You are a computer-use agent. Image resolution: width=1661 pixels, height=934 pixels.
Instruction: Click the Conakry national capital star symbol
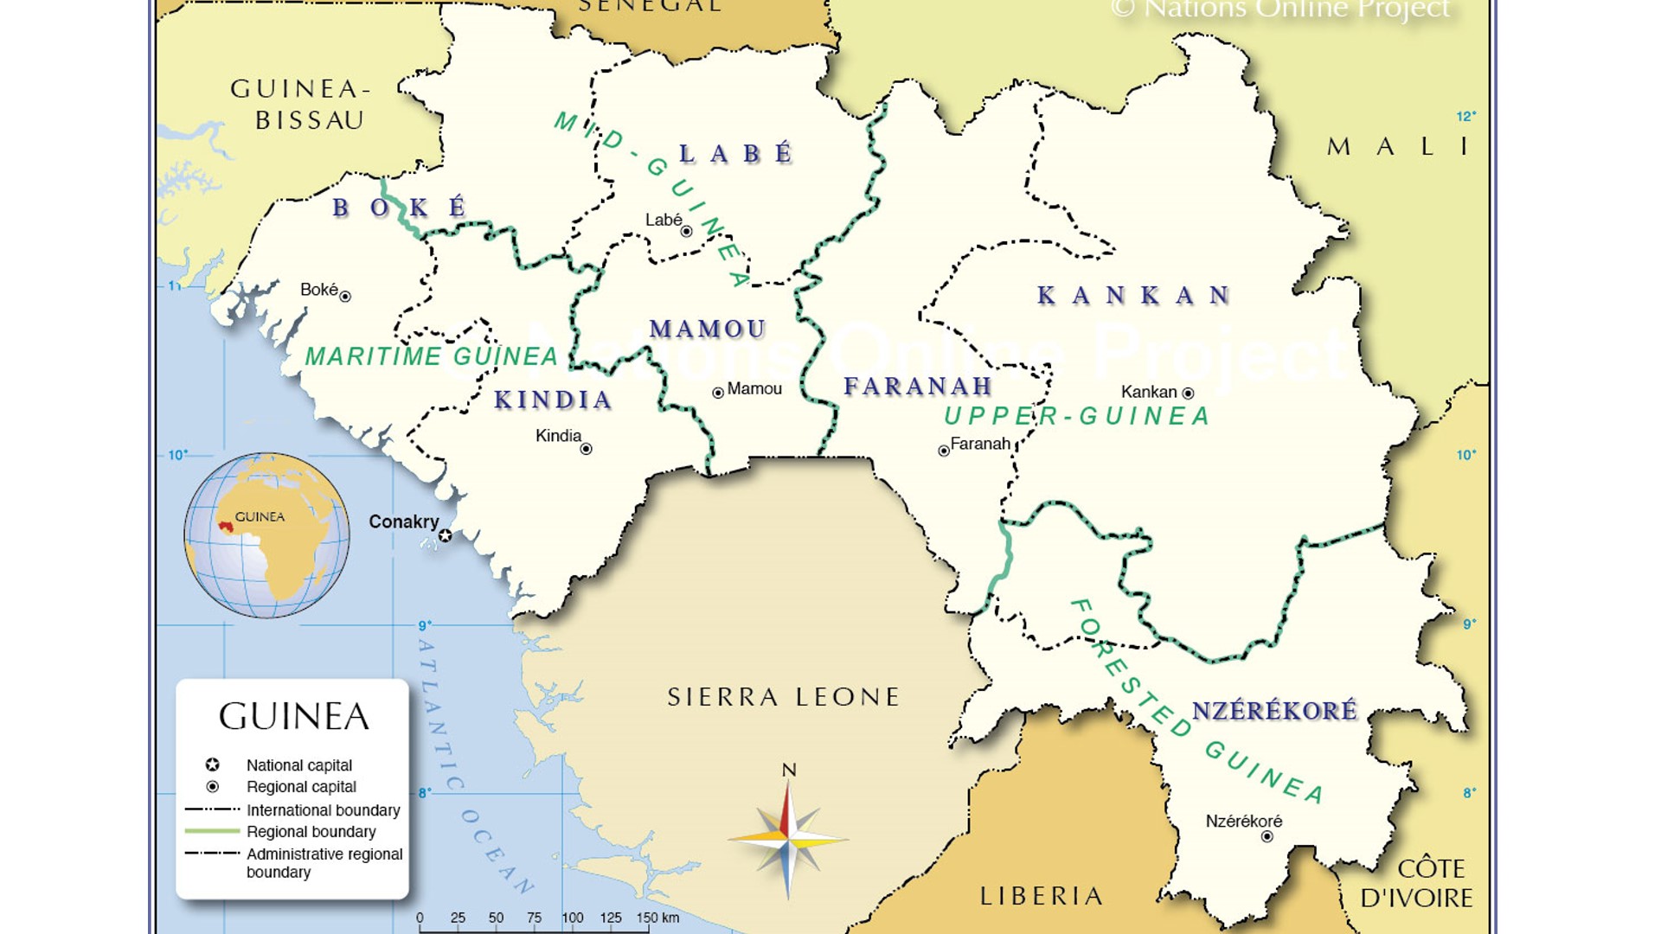(x=445, y=536)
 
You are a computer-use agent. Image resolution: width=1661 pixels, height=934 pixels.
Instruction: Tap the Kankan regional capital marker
(x=1188, y=393)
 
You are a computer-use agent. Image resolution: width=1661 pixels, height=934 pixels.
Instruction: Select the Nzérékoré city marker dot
(x=1267, y=836)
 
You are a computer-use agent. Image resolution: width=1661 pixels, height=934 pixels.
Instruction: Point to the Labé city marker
(x=686, y=232)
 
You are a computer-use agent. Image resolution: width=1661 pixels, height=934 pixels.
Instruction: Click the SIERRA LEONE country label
(x=784, y=697)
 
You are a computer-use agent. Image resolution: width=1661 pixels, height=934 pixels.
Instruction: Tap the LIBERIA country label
(x=1042, y=896)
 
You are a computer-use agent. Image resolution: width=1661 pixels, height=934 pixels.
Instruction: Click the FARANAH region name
(x=917, y=386)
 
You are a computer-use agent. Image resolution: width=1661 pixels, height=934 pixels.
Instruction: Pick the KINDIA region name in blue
(x=553, y=400)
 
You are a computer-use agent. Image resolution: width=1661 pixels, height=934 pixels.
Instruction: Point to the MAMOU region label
(x=708, y=329)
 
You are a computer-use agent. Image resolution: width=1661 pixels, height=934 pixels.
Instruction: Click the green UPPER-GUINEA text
(x=1076, y=417)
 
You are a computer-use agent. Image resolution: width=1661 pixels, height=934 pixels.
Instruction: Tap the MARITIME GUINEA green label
(x=432, y=356)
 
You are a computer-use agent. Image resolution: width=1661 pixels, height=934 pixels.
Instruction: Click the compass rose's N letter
(x=788, y=770)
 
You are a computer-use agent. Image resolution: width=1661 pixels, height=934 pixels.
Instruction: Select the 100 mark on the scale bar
(x=572, y=918)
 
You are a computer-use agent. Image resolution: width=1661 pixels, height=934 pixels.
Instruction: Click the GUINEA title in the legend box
(x=293, y=717)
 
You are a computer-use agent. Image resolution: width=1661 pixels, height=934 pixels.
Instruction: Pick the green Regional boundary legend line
(x=212, y=831)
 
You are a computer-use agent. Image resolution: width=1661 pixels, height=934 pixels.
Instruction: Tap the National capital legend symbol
(x=212, y=765)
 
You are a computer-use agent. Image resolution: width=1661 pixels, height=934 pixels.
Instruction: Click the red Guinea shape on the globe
(x=226, y=526)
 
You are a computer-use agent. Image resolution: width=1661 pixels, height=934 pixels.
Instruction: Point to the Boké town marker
(x=344, y=297)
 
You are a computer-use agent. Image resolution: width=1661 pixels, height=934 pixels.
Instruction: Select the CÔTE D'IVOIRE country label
(x=1416, y=883)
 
